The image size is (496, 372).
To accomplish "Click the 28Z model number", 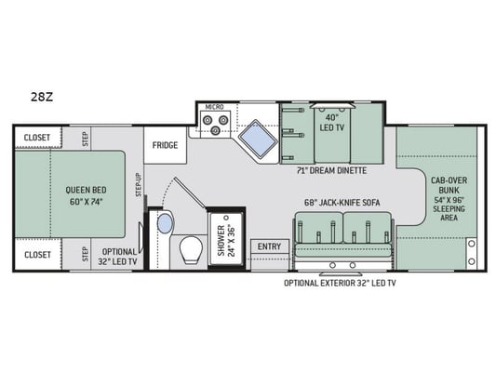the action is point(42,97).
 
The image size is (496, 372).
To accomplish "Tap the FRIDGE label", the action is point(165,145).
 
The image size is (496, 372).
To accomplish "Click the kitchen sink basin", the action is point(258,139).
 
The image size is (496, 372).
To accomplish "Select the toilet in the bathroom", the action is point(191,250).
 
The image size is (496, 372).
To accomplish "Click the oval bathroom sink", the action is point(165,223).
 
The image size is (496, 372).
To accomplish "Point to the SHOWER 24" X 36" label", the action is point(226,240).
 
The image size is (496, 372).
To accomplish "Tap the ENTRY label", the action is point(269,246).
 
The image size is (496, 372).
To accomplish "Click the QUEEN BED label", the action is point(86,190).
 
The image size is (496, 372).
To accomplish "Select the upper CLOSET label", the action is point(37,138).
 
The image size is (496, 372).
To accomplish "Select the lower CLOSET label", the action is point(37,255).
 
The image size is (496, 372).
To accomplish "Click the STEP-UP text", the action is point(139,185).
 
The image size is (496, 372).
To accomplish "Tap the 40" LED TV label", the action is point(332,123).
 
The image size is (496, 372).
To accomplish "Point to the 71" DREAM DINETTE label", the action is point(331,171).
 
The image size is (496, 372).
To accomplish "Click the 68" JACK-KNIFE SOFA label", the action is point(342,203).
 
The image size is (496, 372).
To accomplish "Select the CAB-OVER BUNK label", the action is point(449,185).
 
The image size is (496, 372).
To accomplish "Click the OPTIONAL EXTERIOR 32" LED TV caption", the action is point(340,283).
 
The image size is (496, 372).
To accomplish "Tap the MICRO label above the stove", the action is point(214,107).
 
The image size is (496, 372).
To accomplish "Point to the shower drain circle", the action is point(226,218).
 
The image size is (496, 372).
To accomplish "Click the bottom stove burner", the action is point(216,129).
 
